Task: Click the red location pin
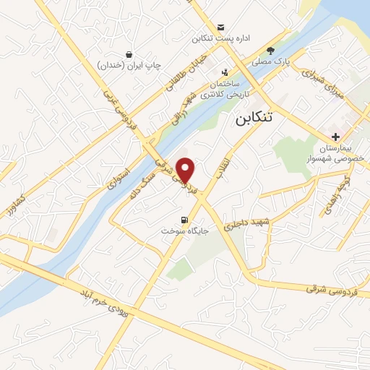tap(186, 169)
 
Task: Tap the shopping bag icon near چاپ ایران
tap(129, 55)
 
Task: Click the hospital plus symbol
tap(335, 137)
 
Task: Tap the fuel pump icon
tap(184, 220)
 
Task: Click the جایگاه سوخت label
tap(184, 232)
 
